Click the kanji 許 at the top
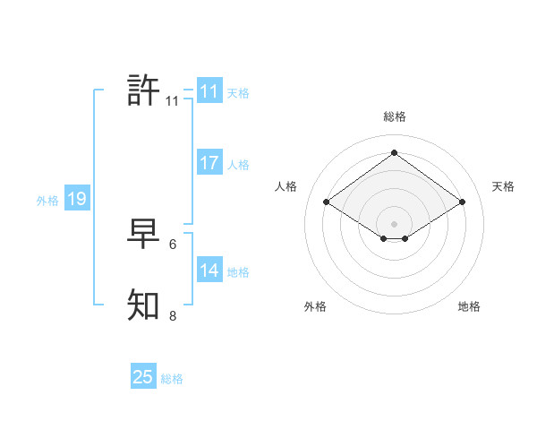(143, 90)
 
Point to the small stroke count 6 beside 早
(173, 244)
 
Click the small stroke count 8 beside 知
(173, 315)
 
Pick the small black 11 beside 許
(172, 101)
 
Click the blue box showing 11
(209, 91)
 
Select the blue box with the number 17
(209, 163)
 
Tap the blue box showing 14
(209, 271)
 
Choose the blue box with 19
(77, 199)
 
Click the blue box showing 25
(143, 377)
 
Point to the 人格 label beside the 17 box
(238, 165)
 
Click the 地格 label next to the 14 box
(238, 272)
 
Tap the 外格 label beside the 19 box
(47, 201)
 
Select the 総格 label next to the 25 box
(172, 379)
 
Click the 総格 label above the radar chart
(394, 116)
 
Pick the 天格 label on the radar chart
(503, 186)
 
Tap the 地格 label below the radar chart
(469, 306)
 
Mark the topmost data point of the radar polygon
(394, 152)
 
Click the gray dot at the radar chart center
(394, 223)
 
